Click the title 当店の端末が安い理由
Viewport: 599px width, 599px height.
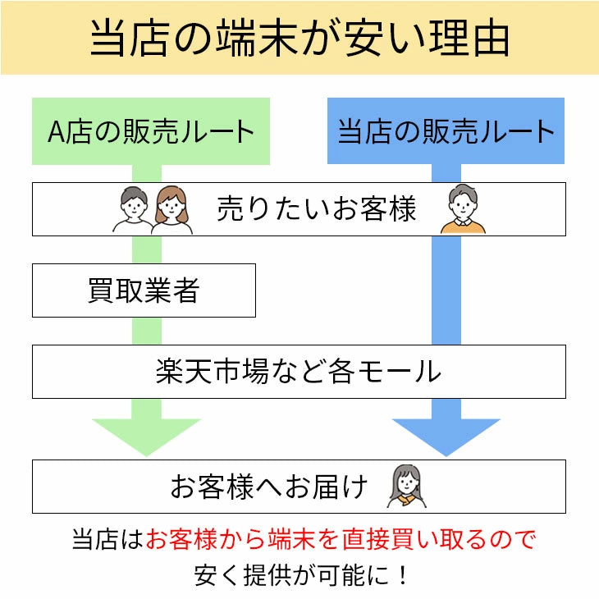(x=299, y=39)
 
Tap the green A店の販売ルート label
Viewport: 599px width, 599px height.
(x=151, y=131)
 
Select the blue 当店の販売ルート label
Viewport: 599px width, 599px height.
(x=446, y=131)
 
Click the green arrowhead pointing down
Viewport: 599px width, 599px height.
(x=147, y=435)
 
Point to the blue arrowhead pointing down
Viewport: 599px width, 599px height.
(x=446, y=435)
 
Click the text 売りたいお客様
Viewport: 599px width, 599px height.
(x=317, y=209)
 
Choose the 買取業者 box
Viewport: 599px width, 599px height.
(x=144, y=290)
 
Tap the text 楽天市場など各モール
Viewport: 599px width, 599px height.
(x=299, y=372)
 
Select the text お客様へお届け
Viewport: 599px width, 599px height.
(x=269, y=487)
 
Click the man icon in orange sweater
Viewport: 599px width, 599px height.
(x=464, y=209)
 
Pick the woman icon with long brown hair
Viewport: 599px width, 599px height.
(x=171, y=210)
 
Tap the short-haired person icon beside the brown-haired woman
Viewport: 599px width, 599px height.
(x=132, y=210)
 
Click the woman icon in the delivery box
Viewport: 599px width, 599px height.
(x=408, y=486)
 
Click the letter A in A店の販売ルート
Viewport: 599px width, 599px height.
(x=57, y=132)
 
